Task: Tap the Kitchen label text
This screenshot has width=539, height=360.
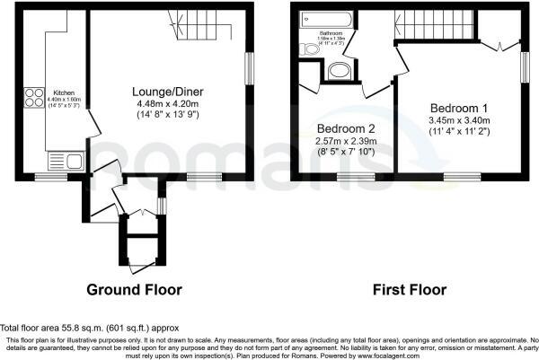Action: click(x=63, y=92)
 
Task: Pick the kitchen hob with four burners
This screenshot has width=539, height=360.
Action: click(x=34, y=97)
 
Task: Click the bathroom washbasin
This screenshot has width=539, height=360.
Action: click(x=341, y=72)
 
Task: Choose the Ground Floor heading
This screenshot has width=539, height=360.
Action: click(x=134, y=290)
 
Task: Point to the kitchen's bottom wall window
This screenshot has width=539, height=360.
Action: click(x=45, y=176)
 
